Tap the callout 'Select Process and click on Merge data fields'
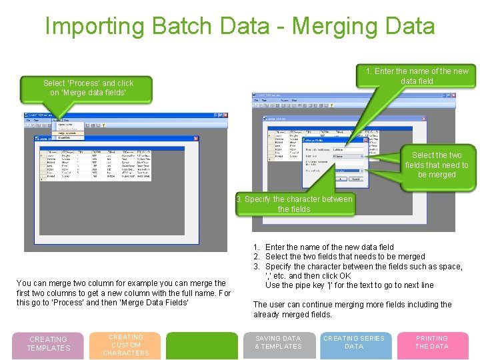pos(88,88)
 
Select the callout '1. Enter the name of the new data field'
pos(417,76)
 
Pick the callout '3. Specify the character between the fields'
pos(294,204)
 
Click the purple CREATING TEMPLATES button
pos(48,344)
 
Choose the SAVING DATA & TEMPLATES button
pos(278,343)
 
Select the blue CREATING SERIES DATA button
pos(354,343)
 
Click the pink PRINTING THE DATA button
pos(432,343)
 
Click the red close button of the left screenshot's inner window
pos(195,139)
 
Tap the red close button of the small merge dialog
pos(365,140)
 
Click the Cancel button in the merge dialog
pos(356,179)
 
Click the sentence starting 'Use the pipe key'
pos(349,285)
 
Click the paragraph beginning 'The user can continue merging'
pos(352,309)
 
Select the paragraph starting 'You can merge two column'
pos(123,293)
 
